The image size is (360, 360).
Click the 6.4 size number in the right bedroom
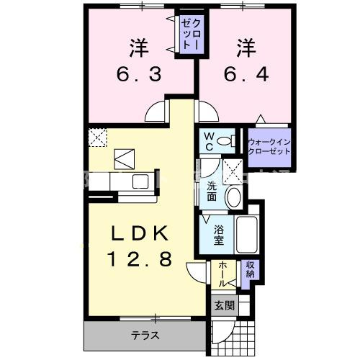click(x=245, y=73)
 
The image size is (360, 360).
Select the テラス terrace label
click(x=145, y=336)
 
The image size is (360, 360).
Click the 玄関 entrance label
click(x=224, y=305)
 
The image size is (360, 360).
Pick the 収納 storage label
click(x=250, y=270)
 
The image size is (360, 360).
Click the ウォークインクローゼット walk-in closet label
click(x=269, y=147)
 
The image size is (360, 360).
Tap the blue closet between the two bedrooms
click(x=190, y=34)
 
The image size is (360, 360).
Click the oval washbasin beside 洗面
click(x=234, y=196)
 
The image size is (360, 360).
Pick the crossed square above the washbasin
click(x=233, y=171)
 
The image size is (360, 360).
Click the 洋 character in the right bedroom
click(x=245, y=48)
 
